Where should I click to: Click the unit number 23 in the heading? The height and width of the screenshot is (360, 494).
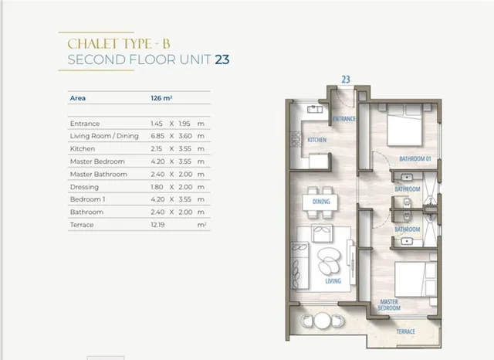click(222, 59)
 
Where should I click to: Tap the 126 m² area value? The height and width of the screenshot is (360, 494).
click(161, 98)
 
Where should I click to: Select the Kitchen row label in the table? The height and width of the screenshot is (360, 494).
click(83, 149)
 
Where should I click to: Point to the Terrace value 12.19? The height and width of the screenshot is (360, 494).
click(157, 225)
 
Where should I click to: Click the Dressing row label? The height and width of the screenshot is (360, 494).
click(84, 187)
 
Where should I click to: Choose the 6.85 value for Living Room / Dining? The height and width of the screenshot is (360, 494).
click(157, 136)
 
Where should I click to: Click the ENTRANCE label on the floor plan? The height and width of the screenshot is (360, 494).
click(344, 119)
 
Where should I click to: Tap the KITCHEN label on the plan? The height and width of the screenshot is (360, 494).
click(317, 140)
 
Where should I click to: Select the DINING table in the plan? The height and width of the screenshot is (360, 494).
click(320, 202)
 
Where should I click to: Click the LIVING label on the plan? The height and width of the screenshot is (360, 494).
click(333, 281)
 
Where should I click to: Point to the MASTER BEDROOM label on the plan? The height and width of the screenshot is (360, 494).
click(389, 305)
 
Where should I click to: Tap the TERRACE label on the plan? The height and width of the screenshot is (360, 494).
click(406, 331)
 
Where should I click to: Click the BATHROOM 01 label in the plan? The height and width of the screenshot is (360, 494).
click(415, 158)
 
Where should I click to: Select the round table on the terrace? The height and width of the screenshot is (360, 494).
click(323, 321)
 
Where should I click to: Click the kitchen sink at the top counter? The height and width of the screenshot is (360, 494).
click(315, 110)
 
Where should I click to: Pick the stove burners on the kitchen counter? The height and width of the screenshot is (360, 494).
click(296, 140)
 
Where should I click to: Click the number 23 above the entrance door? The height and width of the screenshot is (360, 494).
click(346, 80)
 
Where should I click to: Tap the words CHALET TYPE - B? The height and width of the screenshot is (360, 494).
click(119, 44)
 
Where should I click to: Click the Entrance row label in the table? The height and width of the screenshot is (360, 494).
click(85, 124)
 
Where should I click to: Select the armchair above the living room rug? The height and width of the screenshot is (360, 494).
click(322, 233)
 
